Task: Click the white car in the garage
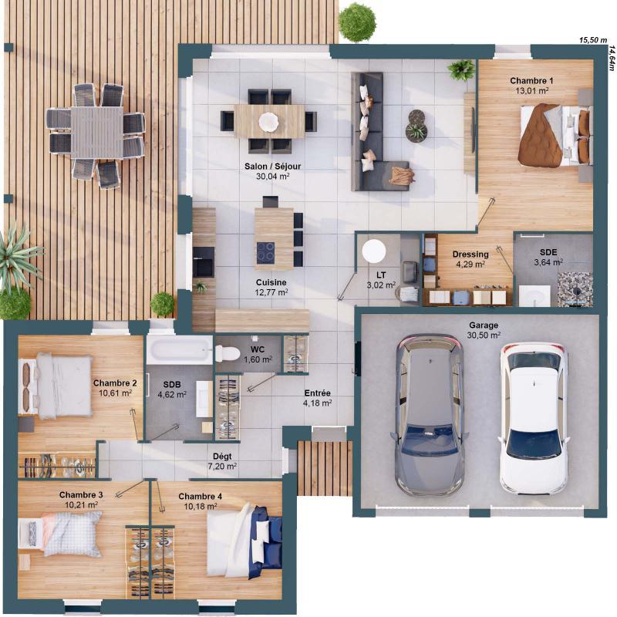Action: coord(534,420)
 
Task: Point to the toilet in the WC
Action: coord(227,353)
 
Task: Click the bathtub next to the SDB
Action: coord(179,349)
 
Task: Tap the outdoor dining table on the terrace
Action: coord(96,122)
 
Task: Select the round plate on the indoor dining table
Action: coord(268,121)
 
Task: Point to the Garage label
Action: coord(484,325)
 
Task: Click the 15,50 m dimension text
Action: coord(593,40)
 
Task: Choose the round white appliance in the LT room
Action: coord(375,251)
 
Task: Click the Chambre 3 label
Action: coord(81,494)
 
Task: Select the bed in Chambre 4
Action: coord(239,540)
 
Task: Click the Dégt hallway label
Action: coord(222,456)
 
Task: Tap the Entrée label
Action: coord(317,392)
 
